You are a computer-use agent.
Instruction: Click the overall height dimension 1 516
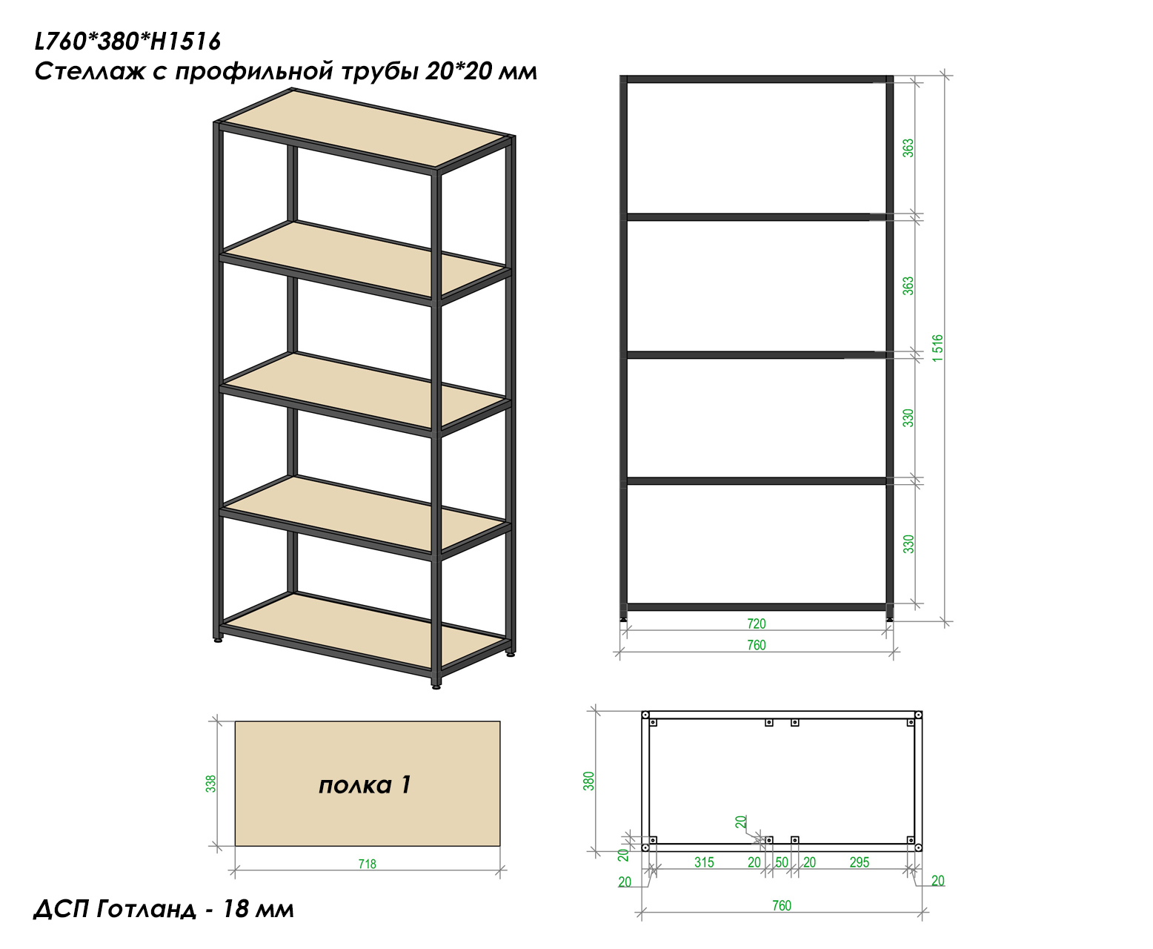pyautogui.click(x=937, y=348)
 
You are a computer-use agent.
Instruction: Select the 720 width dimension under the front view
pyautogui.click(x=756, y=624)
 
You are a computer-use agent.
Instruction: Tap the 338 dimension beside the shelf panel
pyautogui.click(x=210, y=784)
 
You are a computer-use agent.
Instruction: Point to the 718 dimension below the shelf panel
pyautogui.click(x=367, y=864)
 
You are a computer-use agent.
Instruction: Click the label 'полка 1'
pyautogui.click(x=365, y=785)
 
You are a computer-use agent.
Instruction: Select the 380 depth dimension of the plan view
pyautogui.click(x=588, y=781)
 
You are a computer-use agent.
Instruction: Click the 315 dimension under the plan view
pyautogui.click(x=704, y=862)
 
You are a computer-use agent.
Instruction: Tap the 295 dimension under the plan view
pyautogui.click(x=859, y=862)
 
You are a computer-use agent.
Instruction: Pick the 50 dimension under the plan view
pyautogui.click(x=782, y=862)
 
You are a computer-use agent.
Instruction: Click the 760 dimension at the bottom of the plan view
pyautogui.click(x=781, y=906)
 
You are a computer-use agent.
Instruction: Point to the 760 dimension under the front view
pyautogui.click(x=756, y=646)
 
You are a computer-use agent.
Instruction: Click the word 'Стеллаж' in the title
pyautogui.click(x=90, y=72)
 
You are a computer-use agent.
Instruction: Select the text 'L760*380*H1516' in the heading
pyautogui.click(x=127, y=42)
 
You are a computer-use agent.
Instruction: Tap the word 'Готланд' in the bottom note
pyautogui.click(x=146, y=909)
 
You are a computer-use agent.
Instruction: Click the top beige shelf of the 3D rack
pyautogui.click(x=368, y=127)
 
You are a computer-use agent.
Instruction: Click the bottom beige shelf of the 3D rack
pyautogui.click(x=365, y=630)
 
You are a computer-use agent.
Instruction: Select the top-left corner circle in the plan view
pyautogui.click(x=645, y=715)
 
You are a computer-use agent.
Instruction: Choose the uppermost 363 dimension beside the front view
pyautogui.click(x=908, y=148)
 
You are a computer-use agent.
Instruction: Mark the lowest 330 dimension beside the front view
pyautogui.click(x=908, y=544)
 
